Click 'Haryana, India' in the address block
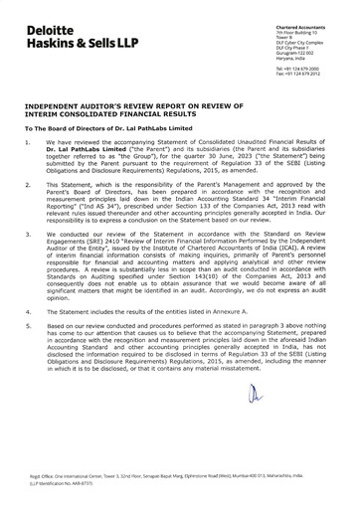[286, 46]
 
